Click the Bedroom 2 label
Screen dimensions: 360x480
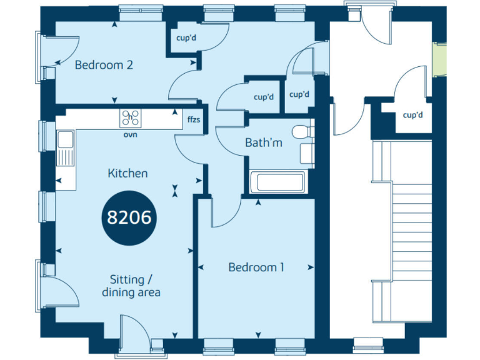tap(104, 64)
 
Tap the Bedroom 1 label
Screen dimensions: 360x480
tap(256, 267)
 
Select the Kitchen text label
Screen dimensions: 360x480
tap(127, 173)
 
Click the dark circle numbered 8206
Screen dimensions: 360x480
tap(130, 217)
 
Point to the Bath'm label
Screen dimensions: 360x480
tap(263, 143)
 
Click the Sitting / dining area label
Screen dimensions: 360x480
tap(131, 286)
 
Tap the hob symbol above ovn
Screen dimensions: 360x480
tap(131, 117)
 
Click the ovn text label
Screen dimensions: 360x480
tap(130, 134)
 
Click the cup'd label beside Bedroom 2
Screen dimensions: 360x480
tap(186, 38)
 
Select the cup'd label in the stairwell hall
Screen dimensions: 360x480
tap(412, 115)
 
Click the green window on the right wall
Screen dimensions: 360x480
tap(441, 57)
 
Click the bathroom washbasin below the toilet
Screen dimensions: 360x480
tap(307, 153)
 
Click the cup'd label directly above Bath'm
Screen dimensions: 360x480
tap(264, 97)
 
